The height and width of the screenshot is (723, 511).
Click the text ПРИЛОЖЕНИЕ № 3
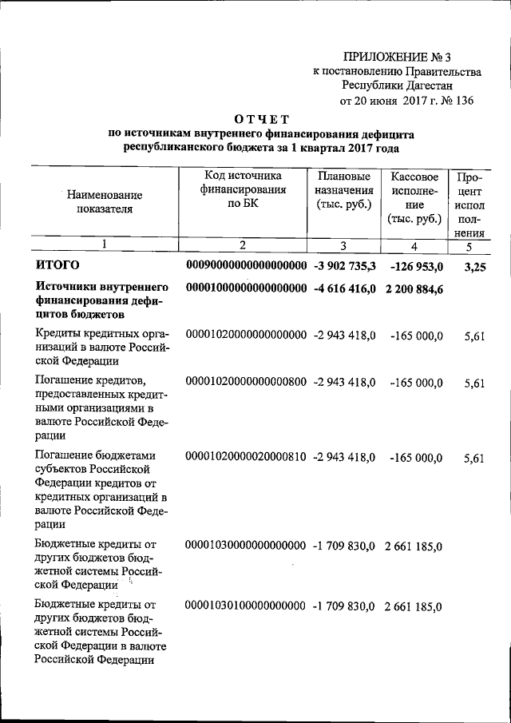coord(397,56)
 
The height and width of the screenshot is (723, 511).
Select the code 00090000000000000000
coord(246,265)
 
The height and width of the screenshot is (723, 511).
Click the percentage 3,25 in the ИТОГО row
coord(474,266)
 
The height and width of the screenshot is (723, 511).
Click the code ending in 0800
coord(246,383)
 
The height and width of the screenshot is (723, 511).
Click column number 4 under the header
coord(414,246)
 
